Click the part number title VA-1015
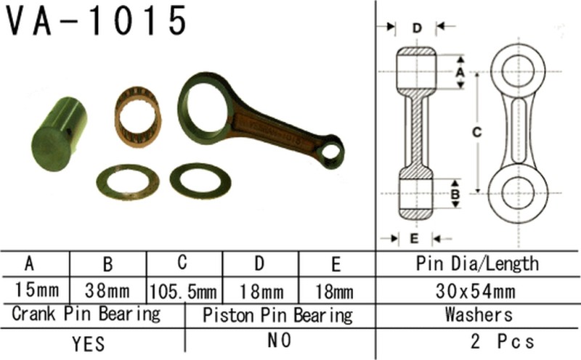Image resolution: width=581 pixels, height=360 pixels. (97, 21)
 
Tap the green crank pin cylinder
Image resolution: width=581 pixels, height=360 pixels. (60, 134)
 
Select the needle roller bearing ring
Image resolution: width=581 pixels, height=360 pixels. (139, 116)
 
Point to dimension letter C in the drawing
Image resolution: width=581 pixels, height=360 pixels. (476, 133)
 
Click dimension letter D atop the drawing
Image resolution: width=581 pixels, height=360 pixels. (417, 28)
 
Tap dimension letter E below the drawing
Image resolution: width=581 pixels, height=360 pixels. (414, 238)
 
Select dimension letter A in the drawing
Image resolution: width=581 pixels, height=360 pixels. (458, 72)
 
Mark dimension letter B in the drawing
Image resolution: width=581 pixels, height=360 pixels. (456, 194)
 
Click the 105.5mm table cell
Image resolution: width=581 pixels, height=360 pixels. (184, 292)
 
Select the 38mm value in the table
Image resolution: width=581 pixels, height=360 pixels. (107, 292)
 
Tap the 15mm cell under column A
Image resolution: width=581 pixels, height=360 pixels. (35, 292)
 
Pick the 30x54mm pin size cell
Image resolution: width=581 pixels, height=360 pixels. (476, 292)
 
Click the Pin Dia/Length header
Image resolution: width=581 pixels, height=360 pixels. (476, 263)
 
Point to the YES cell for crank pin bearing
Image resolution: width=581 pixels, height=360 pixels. (90, 342)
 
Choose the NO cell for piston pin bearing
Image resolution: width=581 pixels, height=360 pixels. (277, 342)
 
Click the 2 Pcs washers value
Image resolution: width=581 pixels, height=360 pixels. (501, 342)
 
